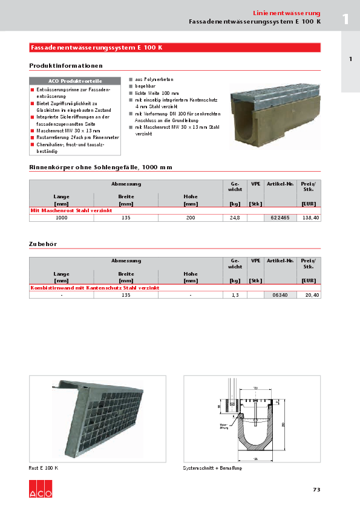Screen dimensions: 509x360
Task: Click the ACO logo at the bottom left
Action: pos(41,489)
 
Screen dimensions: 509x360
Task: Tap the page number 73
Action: pos(316,489)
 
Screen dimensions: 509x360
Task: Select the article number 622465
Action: pos(279,218)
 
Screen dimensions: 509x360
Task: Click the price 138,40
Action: pos(310,218)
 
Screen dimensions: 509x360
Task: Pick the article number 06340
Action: pos(279,295)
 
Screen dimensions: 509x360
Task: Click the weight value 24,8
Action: pos(235,218)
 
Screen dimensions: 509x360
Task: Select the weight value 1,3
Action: pos(235,295)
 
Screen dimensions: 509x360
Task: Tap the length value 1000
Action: pos(61,218)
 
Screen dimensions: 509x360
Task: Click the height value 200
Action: pos(191,218)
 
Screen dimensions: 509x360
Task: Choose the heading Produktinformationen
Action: pos(66,65)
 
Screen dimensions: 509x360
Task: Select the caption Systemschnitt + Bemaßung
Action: pos(212,468)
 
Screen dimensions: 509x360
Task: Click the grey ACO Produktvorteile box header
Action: pos(75,81)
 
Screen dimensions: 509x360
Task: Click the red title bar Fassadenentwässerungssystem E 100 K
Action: pos(175,48)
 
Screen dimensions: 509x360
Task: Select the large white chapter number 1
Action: pos(345,18)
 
